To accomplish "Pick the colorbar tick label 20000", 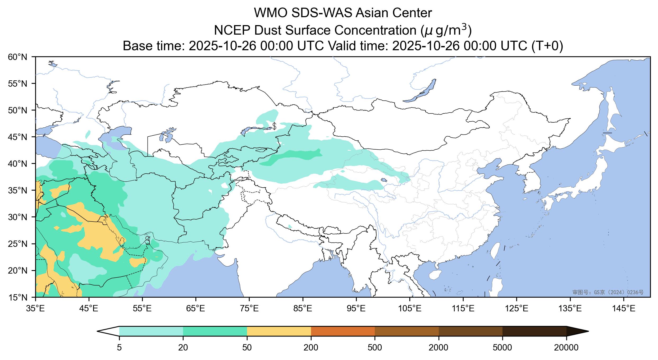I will point(566,348).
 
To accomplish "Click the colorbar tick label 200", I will point(311,348).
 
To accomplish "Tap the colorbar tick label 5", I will point(119,348).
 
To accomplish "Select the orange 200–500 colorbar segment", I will point(343,331).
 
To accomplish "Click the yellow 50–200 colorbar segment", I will point(279,331).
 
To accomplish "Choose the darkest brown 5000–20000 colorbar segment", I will point(534,331).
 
